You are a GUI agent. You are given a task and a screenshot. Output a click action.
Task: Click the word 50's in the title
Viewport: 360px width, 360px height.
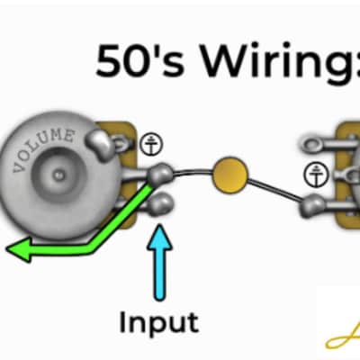(139, 60)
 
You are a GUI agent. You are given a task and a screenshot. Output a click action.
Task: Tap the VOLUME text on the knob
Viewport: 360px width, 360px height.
(43, 148)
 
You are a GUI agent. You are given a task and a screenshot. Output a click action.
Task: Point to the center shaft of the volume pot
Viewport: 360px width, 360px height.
(58, 174)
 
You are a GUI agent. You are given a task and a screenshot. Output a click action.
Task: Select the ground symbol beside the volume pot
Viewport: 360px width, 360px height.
(152, 144)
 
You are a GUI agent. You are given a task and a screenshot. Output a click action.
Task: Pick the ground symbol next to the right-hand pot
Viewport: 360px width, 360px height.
(316, 175)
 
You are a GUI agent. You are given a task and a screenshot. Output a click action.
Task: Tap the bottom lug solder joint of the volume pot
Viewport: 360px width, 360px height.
(161, 203)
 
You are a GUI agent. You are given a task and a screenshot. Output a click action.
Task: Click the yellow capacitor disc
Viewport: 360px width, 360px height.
(230, 175)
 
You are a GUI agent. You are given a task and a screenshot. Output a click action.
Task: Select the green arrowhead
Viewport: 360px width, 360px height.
(19, 248)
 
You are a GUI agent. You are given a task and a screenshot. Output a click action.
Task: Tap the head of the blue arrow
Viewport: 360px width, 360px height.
(159, 238)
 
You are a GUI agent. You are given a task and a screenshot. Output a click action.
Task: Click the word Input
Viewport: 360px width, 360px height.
(158, 322)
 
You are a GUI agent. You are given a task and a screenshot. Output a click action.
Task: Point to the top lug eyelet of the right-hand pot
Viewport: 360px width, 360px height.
(313, 145)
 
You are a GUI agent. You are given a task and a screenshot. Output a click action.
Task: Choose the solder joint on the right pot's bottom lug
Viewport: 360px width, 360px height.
(312, 206)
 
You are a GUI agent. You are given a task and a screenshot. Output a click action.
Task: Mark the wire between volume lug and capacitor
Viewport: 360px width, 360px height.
(193, 172)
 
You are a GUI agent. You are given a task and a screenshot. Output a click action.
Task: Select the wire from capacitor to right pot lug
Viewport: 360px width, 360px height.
(274, 189)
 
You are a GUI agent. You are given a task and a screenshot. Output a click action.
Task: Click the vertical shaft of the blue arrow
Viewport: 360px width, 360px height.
(159, 275)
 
